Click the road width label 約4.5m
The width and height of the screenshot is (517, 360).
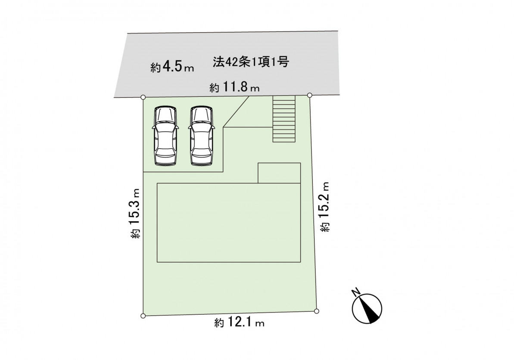pos(172,67)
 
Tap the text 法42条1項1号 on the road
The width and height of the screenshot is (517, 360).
pos(251,62)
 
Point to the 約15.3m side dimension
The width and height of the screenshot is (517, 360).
pos(135,213)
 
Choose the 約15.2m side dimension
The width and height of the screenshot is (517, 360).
pos(324,207)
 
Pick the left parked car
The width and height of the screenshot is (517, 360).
pos(165,136)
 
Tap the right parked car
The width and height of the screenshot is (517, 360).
pos(202,136)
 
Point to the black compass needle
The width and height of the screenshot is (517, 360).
pos(369,310)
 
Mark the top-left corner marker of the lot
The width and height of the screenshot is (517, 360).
pos(143,97)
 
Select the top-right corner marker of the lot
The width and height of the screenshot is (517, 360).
pos(310,95)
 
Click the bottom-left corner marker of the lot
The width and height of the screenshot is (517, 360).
pos(143,316)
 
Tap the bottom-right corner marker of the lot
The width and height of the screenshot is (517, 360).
pos(317,311)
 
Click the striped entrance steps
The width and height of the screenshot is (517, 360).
pos(284,119)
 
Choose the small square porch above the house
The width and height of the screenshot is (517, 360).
pos(279,173)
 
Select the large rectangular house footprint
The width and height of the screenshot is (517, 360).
pos(229,223)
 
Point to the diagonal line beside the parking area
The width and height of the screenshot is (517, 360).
pos(236,112)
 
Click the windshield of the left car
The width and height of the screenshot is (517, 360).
pos(165,115)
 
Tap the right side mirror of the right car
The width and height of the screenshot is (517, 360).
pos(214,127)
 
